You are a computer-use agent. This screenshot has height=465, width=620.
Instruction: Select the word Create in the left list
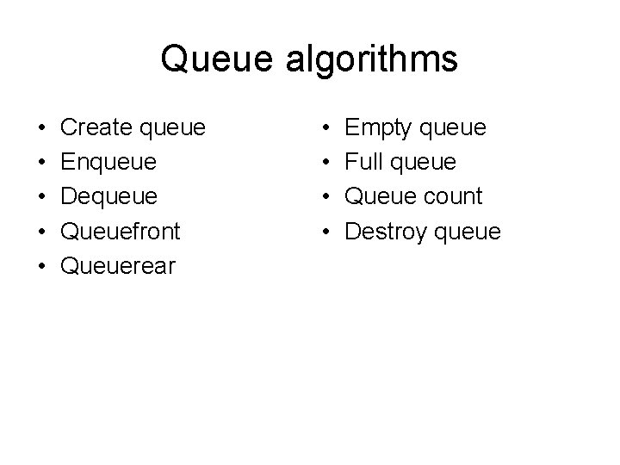(x=94, y=128)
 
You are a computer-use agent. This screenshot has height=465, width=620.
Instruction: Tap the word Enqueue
(x=109, y=163)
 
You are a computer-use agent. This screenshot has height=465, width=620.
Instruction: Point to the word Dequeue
(x=110, y=197)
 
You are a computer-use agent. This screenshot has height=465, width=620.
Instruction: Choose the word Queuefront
(x=122, y=232)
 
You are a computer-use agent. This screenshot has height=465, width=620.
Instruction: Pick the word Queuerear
(x=118, y=266)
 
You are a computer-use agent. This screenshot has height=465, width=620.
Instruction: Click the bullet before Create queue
(x=42, y=129)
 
